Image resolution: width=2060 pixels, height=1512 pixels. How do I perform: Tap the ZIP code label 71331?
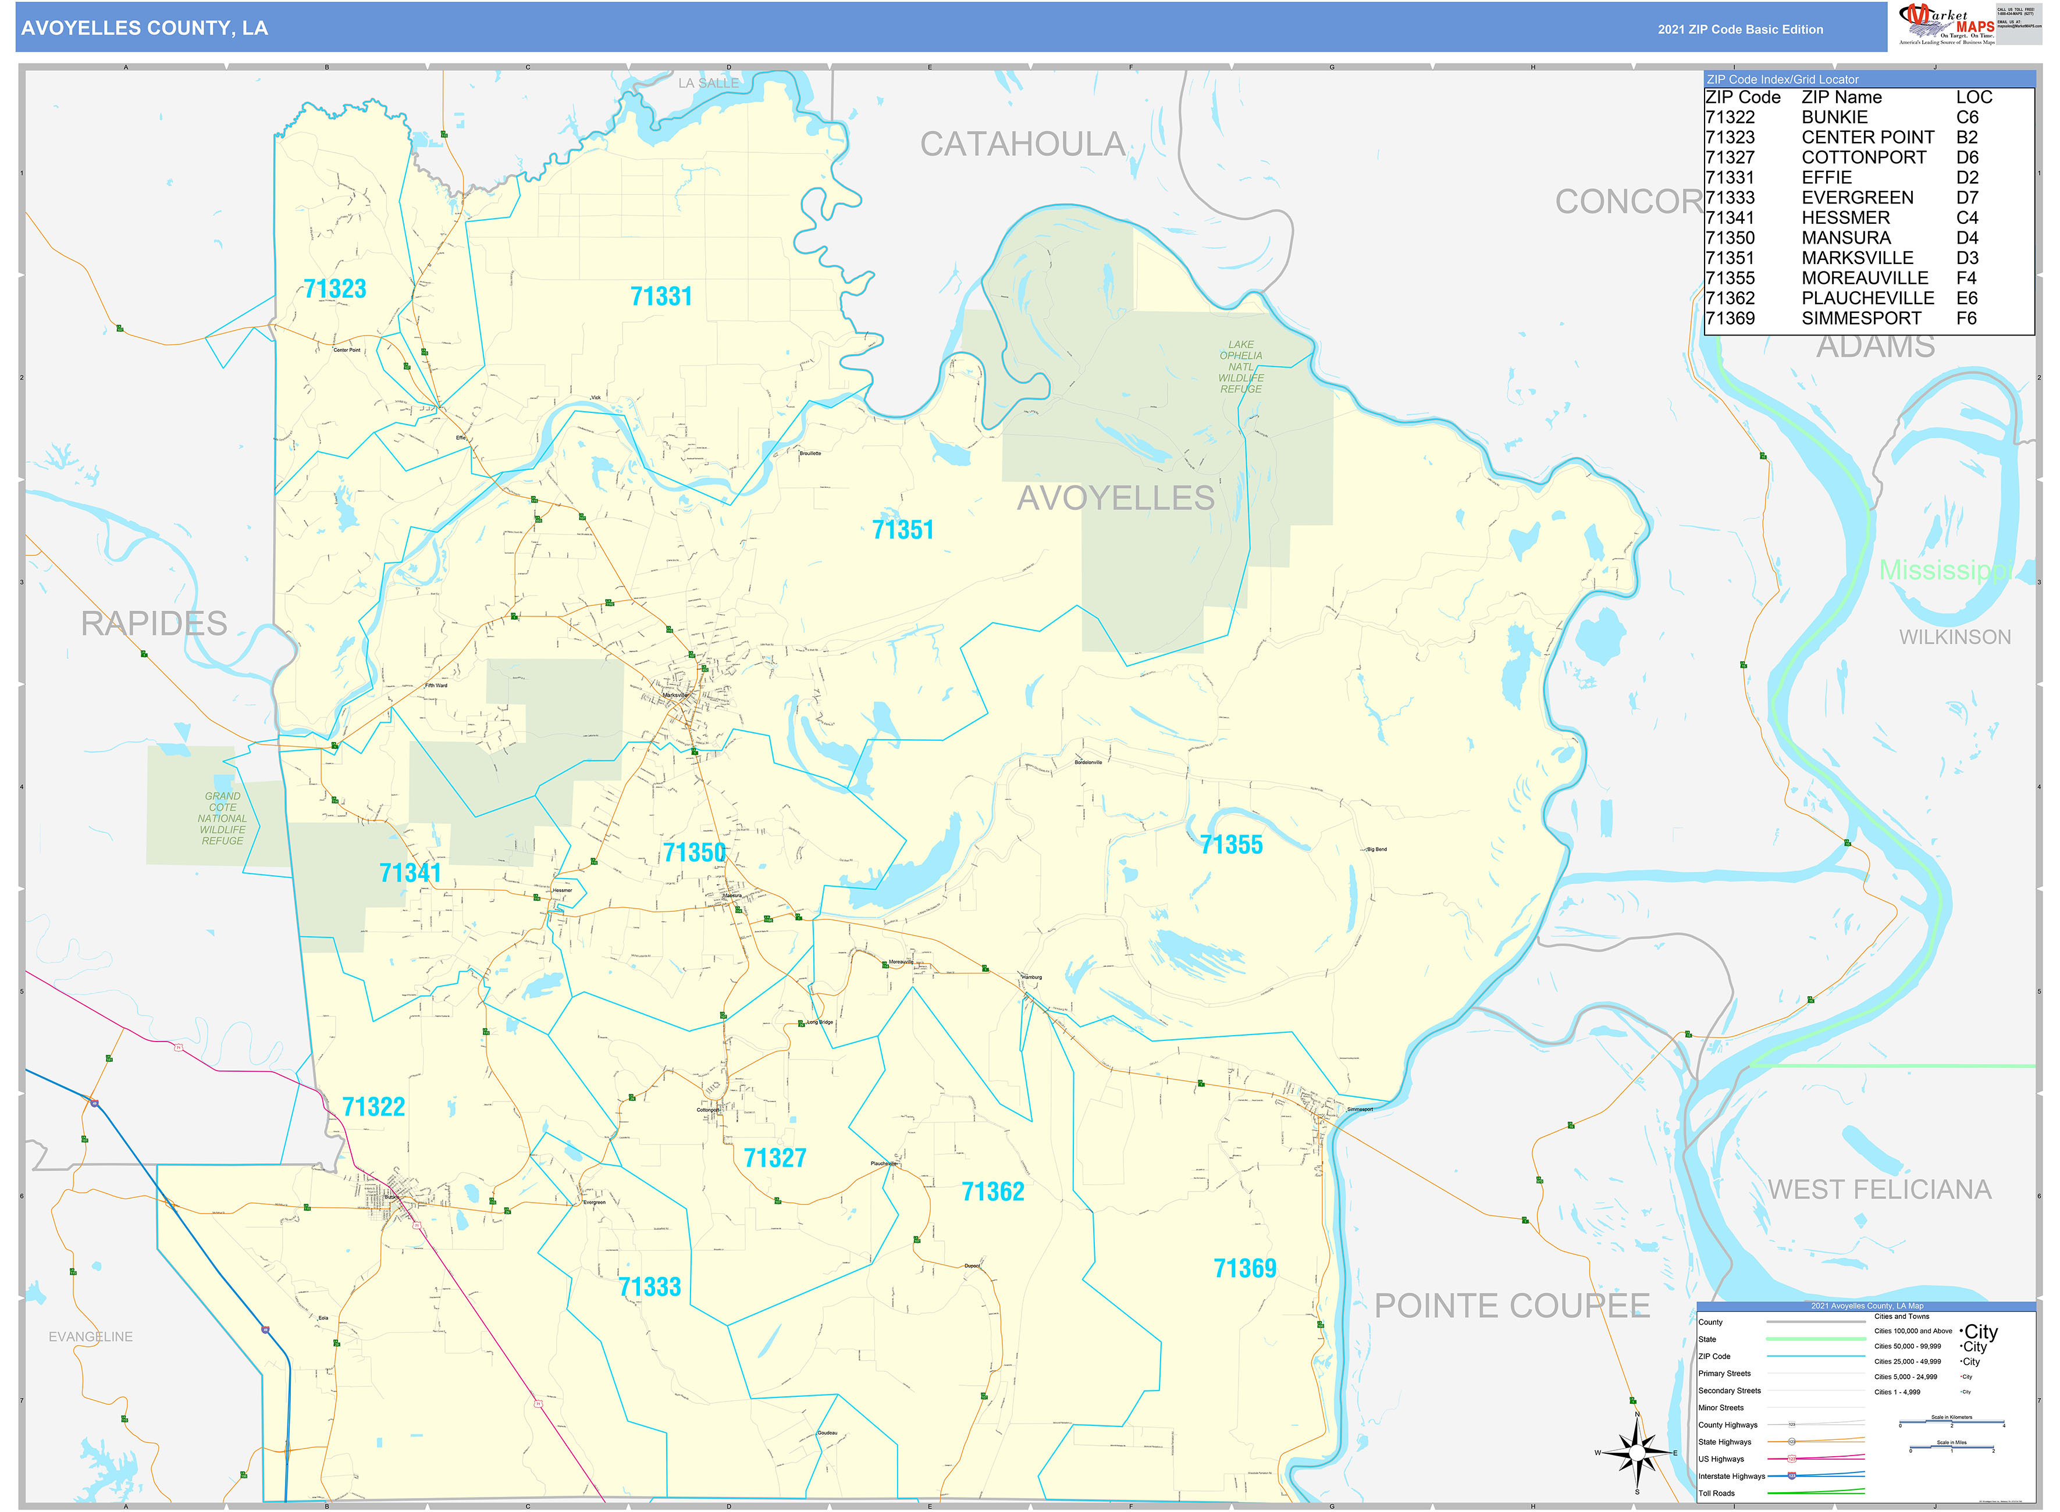(x=661, y=297)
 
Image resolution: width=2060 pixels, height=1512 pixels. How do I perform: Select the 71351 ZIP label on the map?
(x=903, y=530)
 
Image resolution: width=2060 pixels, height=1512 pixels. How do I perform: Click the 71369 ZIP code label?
(x=1244, y=1268)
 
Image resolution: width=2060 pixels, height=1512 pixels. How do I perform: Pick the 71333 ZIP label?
(x=649, y=1288)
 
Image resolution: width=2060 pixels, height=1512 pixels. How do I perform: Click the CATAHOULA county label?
(x=1022, y=145)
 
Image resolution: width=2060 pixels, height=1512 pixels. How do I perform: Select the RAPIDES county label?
(x=154, y=624)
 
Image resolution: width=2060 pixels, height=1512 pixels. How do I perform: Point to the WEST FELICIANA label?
(x=1878, y=1190)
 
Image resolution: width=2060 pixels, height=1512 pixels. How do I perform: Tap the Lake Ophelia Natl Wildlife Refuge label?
(x=1240, y=367)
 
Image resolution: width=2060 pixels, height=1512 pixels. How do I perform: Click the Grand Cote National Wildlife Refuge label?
(x=222, y=818)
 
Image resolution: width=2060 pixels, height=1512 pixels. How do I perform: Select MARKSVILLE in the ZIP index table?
(x=1857, y=258)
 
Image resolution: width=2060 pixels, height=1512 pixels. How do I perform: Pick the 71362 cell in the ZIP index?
(x=1730, y=298)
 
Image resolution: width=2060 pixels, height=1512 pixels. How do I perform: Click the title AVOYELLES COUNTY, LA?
(x=145, y=28)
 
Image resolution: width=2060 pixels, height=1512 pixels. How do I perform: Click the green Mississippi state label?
(x=1945, y=570)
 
